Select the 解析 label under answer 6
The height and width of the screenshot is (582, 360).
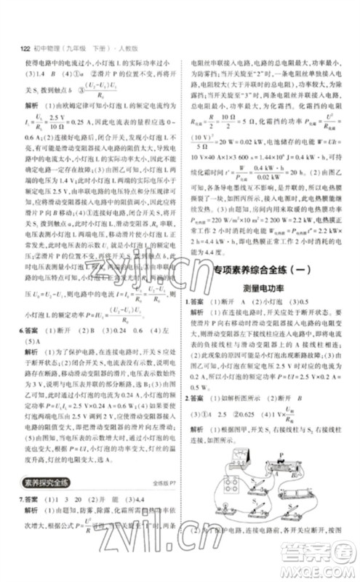click(x=32, y=351)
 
